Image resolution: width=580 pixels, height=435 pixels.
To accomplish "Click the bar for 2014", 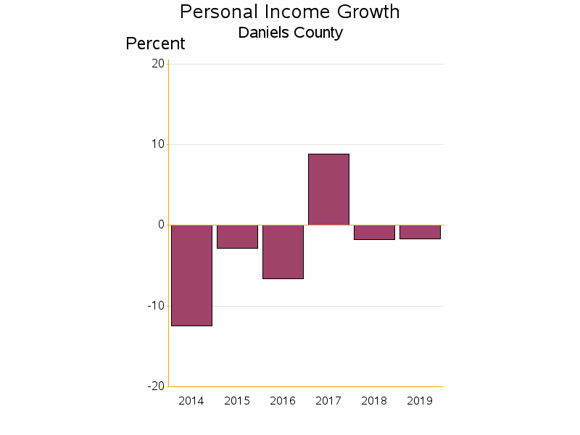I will (191, 275).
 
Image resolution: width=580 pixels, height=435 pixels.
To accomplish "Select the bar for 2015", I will (237, 236).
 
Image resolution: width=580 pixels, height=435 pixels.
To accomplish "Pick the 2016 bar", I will (283, 252).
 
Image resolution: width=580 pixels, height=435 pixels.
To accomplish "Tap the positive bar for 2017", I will (328, 189).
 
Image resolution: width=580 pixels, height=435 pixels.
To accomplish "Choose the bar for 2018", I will (374, 232).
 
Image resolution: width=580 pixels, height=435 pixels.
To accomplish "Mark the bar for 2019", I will (420, 232).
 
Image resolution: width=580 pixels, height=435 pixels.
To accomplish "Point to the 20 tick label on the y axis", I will (157, 64).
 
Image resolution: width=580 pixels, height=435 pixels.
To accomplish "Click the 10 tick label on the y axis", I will (157, 144).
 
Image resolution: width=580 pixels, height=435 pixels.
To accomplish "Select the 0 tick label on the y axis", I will (161, 225).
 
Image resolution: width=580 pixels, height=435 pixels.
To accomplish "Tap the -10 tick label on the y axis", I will (156, 305).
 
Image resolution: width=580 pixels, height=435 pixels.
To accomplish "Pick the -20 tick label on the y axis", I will (156, 386).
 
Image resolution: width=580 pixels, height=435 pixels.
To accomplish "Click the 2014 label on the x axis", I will (191, 401).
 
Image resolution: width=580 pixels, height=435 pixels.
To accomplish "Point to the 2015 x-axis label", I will (237, 401).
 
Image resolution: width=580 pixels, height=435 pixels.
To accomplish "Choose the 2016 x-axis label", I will (283, 401).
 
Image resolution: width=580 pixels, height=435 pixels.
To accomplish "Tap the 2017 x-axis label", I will (328, 401).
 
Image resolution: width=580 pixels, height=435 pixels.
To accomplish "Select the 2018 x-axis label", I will (374, 401).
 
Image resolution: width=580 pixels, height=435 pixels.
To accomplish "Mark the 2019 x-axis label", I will (420, 401).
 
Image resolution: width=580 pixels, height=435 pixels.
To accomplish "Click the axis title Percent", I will (155, 43).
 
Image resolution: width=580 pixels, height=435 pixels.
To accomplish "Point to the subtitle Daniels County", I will (290, 33).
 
